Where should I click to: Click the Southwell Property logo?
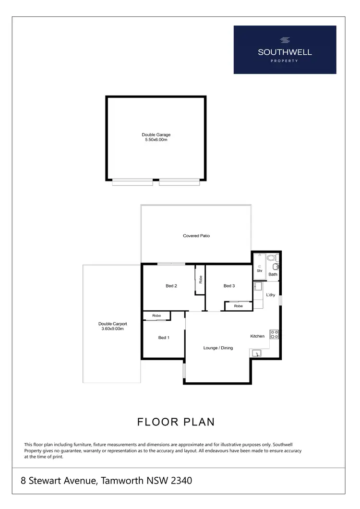tap(285, 49)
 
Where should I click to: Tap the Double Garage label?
tap(156, 134)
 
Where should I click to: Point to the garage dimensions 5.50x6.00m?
tap(156, 139)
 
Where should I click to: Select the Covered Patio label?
tap(196, 236)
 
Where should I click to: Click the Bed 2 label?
tap(171, 286)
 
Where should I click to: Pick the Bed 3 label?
tap(229, 286)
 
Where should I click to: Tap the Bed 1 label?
tap(164, 338)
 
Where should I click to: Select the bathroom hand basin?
tap(276, 267)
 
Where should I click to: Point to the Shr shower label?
tap(259, 270)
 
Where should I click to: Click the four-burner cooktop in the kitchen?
tap(275, 334)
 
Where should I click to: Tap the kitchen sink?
tap(257, 353)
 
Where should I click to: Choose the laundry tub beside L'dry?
tap(258, 287)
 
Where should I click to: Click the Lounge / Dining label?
tap(218, 348)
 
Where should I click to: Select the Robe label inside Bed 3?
tap(238, 306)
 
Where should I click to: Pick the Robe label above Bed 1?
tap(156, 315)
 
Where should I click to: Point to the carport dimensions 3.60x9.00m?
tap(113, 329)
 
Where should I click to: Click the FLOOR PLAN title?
tap(176, 422)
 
